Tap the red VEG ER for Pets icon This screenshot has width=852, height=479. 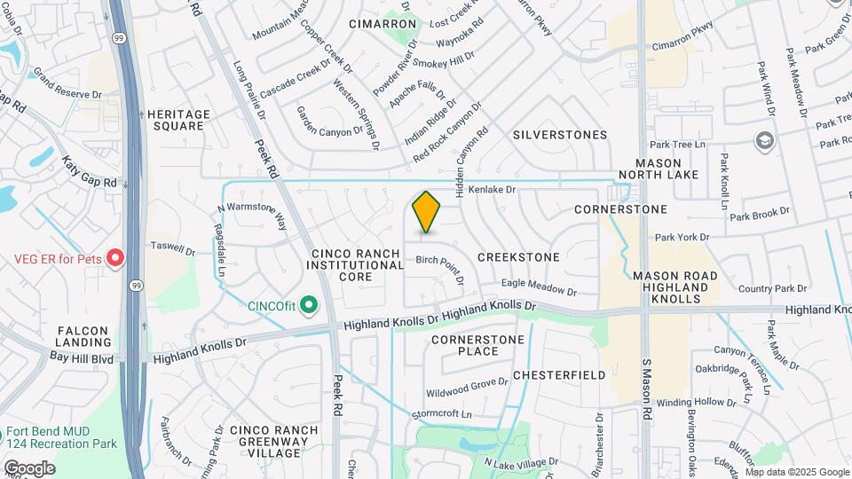tap(114, 259)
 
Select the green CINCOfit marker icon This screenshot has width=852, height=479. tap(309, 306)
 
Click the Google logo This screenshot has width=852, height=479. tap(29, 468)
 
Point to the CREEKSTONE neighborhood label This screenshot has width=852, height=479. tap(518, 257)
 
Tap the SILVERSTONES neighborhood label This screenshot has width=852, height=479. tap(560, 135)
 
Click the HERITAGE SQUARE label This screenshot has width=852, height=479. tap(178, 120)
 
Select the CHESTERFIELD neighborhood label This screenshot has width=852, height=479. tap(559, 375)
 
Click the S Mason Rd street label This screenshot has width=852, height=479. tap(648, 390)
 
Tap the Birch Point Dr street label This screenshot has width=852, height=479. tap(441, 267)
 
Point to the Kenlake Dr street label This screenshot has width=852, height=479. tap(492, 190)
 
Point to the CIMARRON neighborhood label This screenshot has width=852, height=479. tap(383, 24)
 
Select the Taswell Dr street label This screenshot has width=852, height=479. tap(172, 247)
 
